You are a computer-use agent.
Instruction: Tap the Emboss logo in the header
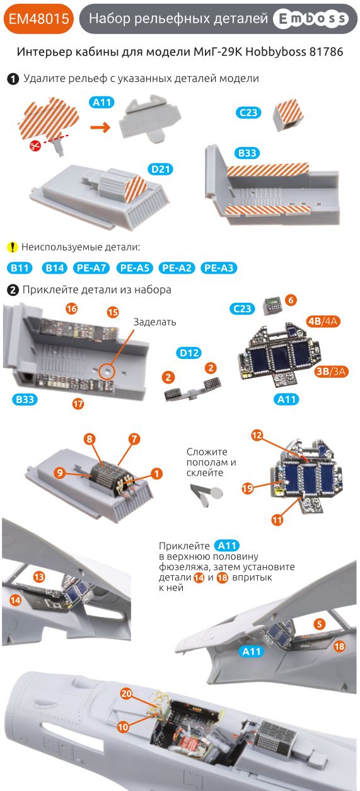pyautogui.click(x=311, y=20)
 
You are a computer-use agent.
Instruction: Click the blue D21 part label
pyautogui.click(x=161, y=169)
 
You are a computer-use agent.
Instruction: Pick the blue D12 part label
pyautogui.click(x=190, y=353)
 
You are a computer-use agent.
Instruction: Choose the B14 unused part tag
pyautogui.click(x=54, y=268)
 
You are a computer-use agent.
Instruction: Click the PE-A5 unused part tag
pyautogui.click(x=135, y=268)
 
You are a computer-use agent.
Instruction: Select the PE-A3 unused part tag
pyautogui.click(x=219, y=268)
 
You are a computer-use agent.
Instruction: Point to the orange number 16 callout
pyautogui.click(x=71, y=308)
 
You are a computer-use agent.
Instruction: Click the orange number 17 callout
pyautogui.click(x=78, y=404)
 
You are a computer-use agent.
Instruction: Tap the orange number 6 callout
pyautogui.click(x=290, y=300)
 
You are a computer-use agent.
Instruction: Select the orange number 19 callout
pyautogui.click(x=247, y=488)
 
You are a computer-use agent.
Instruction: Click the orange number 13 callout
pyautogui.click(x=38, y=577)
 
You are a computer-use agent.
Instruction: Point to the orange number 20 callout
pyautogui.click(x=126, y=693)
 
